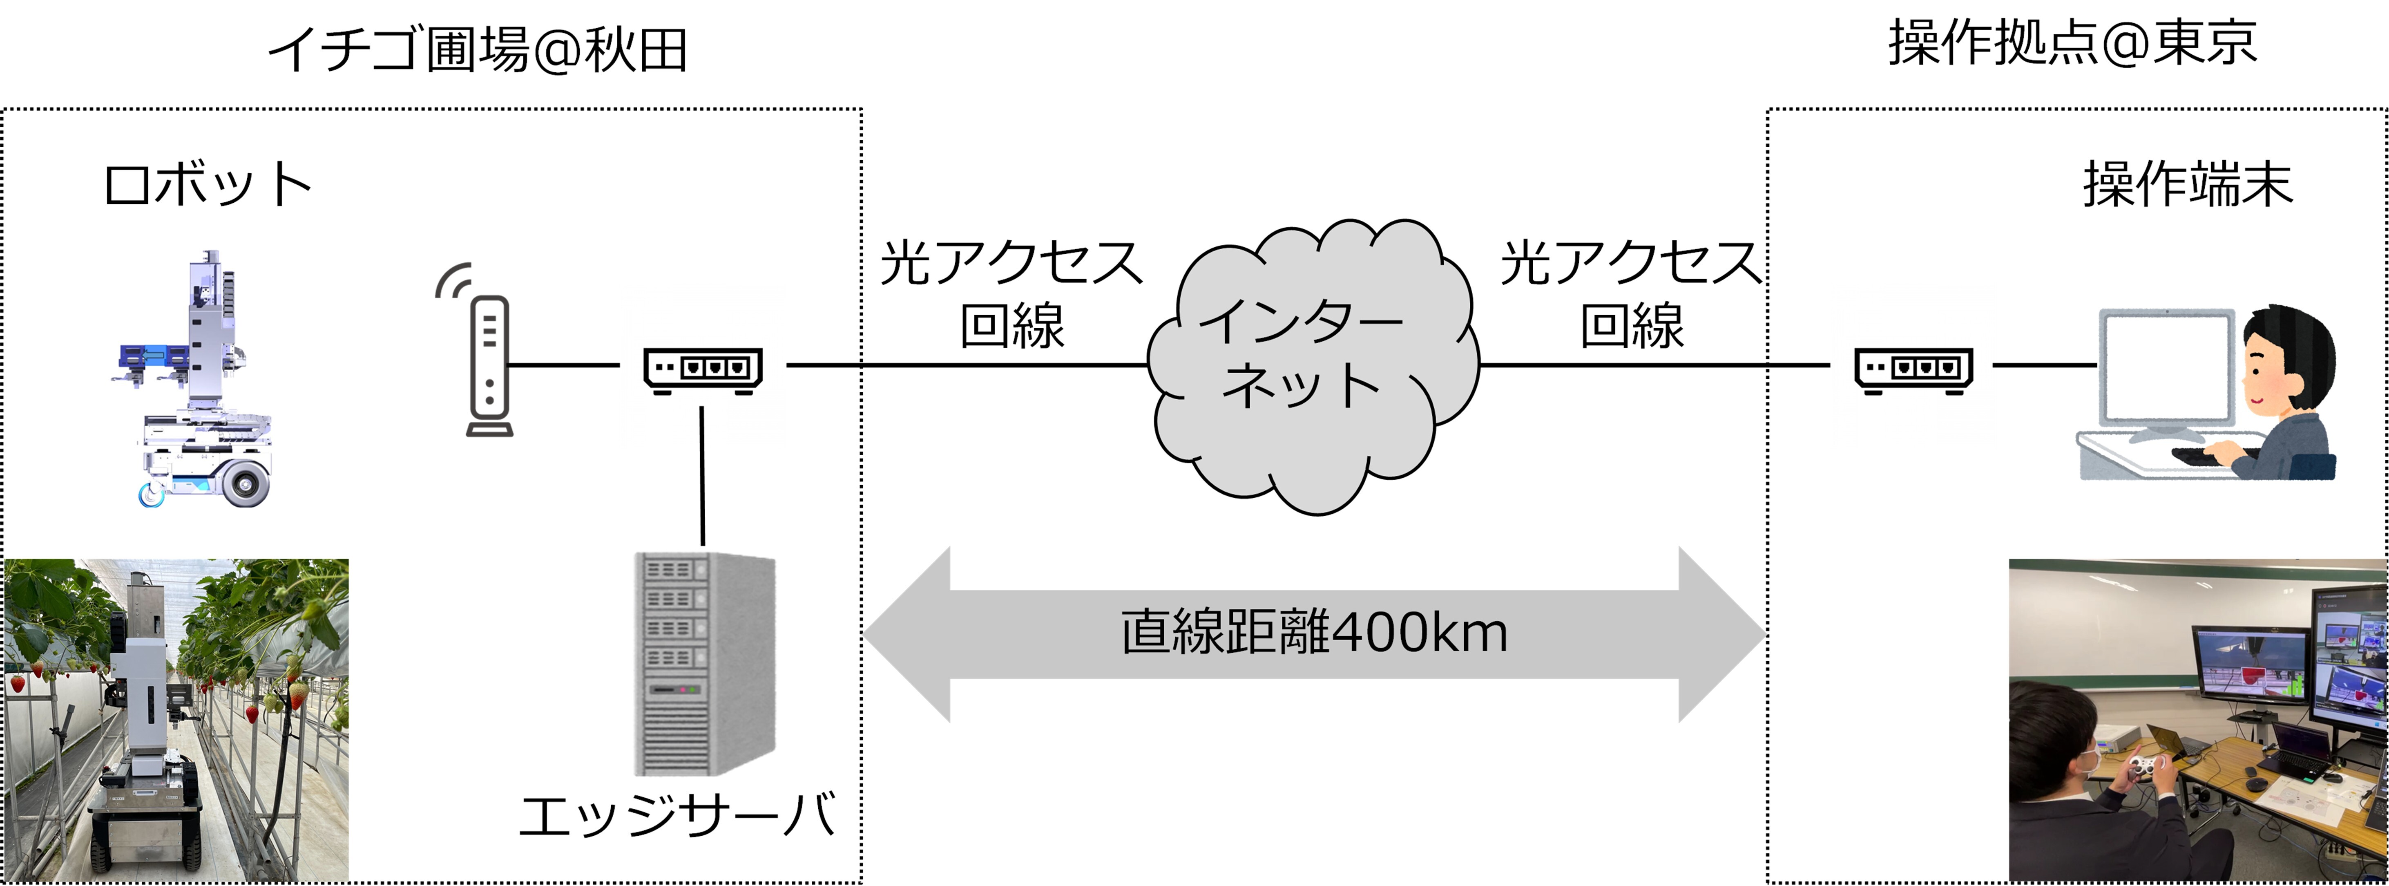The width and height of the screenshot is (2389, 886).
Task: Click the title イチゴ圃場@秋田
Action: (x=478, y=49)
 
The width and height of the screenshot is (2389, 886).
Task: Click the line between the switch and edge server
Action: (x=702, y=475)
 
